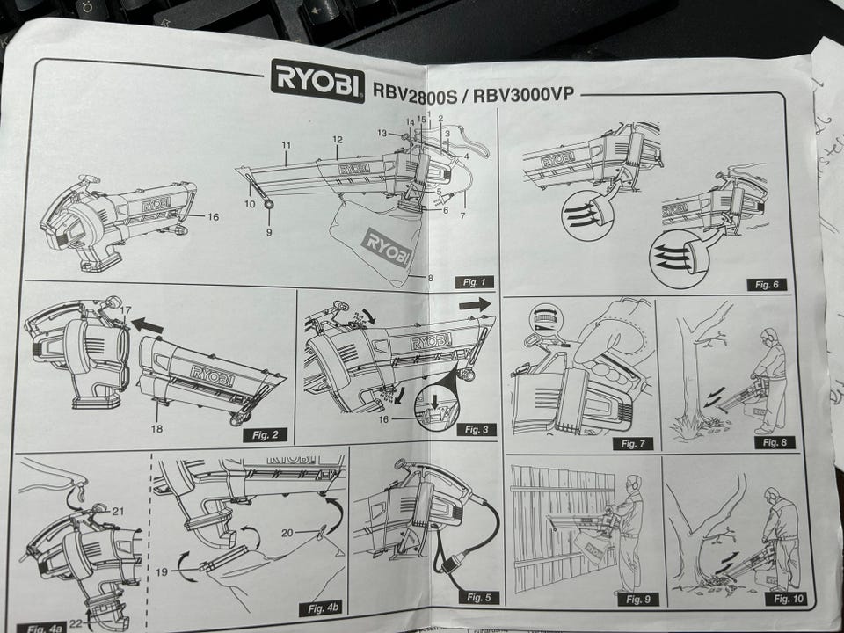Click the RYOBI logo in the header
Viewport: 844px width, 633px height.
(x=317, y=80)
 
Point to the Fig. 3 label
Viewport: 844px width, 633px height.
(x=474, y=430)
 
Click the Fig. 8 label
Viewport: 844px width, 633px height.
(x=775, y=442)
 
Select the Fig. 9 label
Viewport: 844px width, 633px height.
(x=637, y=600)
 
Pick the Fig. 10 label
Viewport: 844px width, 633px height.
(x=781, y=599)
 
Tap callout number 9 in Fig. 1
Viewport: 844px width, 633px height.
(x=270, y=232)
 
